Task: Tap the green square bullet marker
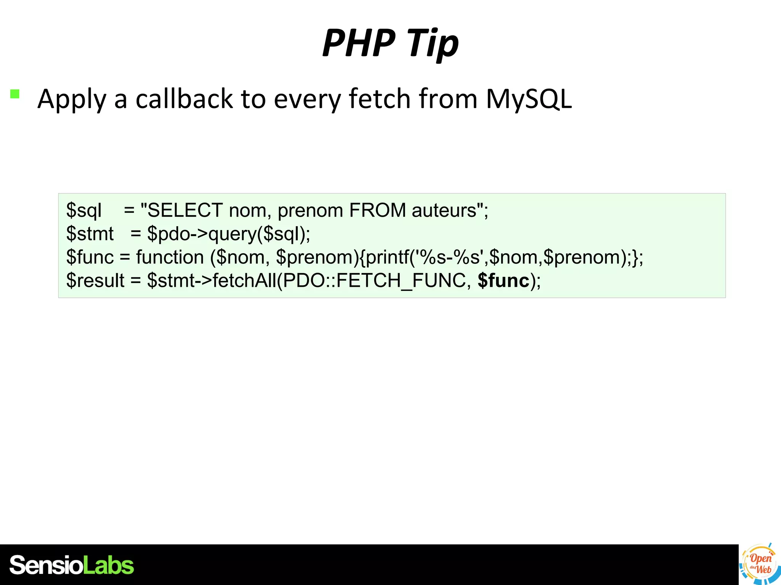click(15, 94)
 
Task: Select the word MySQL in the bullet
click(529, 99)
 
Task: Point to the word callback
click(184, 99)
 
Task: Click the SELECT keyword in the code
click(185, 210)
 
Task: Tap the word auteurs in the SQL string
click(444, 210)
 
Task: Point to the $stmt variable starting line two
click(90, 234)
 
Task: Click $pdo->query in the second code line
click(201, 234)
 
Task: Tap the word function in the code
click(170, 257)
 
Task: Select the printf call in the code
click(387, 257)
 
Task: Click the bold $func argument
click(503, 281)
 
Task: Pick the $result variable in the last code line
click(95, 281)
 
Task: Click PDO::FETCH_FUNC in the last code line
click(374, 281)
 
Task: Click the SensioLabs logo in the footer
click(72, 565)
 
